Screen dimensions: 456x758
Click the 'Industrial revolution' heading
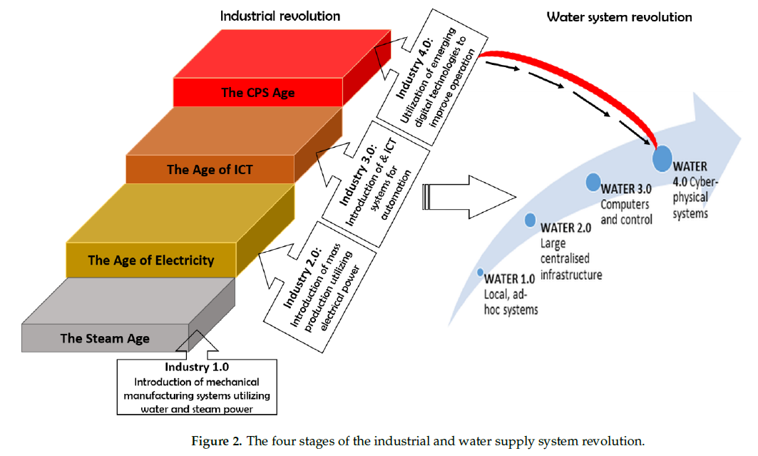point(280,16)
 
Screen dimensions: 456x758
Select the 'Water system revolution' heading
point(619,16)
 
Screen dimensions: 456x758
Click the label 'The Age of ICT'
point(210,170)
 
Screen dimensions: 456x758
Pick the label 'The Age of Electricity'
point(150,260)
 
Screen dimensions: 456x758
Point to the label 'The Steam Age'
point(105,338)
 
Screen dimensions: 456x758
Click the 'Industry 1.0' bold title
point(197,368)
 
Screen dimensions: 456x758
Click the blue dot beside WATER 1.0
point(481,273)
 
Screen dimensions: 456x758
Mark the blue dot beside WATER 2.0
point(530,219)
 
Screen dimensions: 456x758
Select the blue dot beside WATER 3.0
point(593,182)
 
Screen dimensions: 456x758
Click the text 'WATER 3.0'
point(627,189)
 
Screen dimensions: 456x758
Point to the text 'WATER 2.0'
point(566,228)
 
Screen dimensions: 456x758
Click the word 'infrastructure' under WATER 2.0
point(572,274)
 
